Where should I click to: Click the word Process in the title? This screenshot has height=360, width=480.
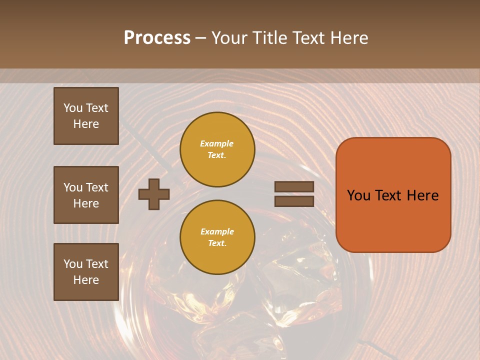point(157,38)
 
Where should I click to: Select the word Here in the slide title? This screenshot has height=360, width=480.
point(347,38)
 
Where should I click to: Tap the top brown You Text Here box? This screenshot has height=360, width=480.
point(86,116)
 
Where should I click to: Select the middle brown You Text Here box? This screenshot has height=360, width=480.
point(86,195)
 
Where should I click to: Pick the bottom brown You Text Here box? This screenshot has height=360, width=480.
point(86,272)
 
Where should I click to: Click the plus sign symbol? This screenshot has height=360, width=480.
point(154,194)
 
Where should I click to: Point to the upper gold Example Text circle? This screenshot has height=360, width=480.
point(217,149)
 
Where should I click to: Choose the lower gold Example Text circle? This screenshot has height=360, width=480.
point(217,237)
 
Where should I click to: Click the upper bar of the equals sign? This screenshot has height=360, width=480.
point(294,186)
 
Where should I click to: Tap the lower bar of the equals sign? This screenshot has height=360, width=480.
point(294,201)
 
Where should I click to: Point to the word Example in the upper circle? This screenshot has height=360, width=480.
point(217,144)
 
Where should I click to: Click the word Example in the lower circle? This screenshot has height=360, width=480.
point(217,232)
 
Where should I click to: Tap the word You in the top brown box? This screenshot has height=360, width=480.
point(72,108)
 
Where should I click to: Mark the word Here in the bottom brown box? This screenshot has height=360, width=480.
point(86,280)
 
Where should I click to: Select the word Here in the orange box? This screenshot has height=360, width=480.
point(423,195)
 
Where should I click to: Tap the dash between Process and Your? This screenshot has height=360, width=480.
point(200,38)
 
